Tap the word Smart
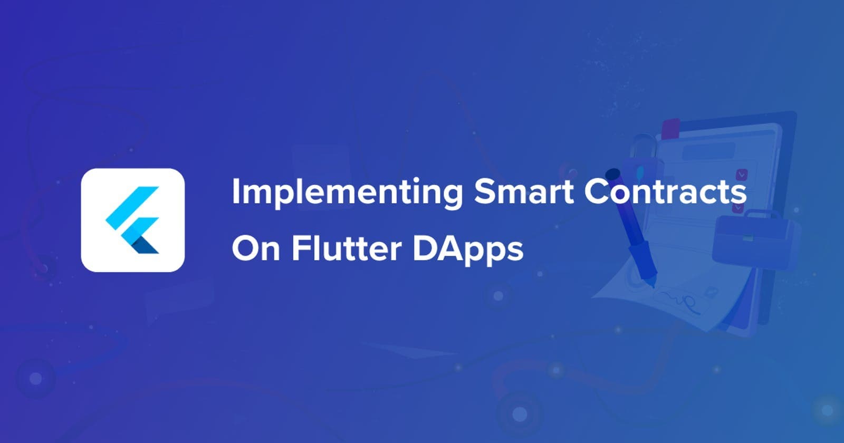click(x=524, y=191)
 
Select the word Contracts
click(x=665, y=191)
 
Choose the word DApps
click(x=468, y=249)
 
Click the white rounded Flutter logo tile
click(x=132, y=220)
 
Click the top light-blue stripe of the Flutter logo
click(x=132, y=208)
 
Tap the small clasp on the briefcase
click(x=747, y=238)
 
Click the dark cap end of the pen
click(x=613, y=174)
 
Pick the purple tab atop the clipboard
click(x=670, y=129)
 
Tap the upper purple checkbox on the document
click(x=742, y=175)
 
